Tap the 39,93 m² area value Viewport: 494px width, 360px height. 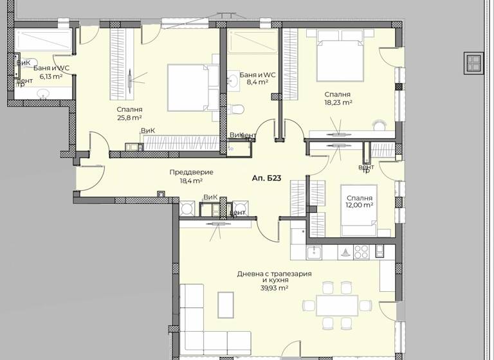tap(274, 289)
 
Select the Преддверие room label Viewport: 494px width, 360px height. tap(191, 172)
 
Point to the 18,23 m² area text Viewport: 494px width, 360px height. tap(338, 102)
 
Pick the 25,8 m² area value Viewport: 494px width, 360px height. tap(129, 118)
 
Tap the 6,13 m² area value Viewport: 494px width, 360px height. tap(51, 76)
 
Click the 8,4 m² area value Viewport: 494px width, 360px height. tap(257, 83)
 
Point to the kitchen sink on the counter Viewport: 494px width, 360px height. tap(314, 251)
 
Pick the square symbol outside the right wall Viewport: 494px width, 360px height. tap(473, 62)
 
